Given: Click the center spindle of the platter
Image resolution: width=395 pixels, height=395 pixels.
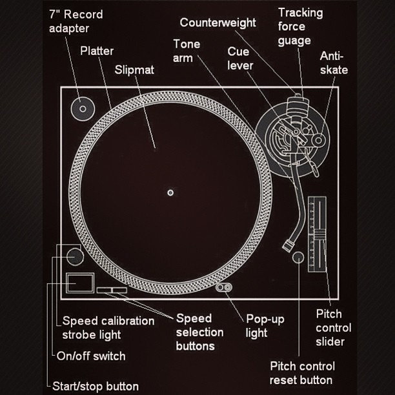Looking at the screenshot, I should click(170, 192).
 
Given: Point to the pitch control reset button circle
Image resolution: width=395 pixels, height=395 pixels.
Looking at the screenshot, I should click(298, 258).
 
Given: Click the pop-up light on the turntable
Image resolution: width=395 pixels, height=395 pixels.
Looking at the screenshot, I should click(226, 287).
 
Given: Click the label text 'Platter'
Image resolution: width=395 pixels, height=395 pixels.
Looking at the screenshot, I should click(97, 50).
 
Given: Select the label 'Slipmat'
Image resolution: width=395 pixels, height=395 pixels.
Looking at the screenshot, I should click(134, 70).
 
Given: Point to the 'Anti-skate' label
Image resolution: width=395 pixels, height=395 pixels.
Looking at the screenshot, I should click(334, 63).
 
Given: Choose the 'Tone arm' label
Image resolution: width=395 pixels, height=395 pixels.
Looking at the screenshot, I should click(187, 50).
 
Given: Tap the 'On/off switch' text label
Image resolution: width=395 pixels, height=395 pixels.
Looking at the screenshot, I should click(91, 356).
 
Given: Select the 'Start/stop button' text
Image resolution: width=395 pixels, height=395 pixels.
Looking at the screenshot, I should click(96, 386).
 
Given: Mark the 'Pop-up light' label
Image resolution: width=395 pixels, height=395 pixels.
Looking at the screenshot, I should click(265, 326).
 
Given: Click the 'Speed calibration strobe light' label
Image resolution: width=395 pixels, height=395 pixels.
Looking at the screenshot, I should click(108, 327).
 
